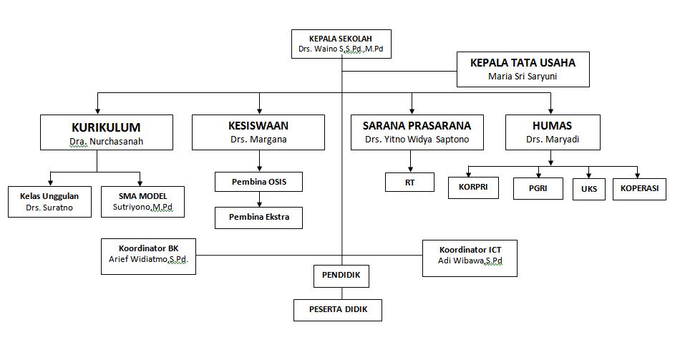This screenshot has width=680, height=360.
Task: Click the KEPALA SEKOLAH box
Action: click(341, 44)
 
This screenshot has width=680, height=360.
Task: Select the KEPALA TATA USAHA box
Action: click(523, 69)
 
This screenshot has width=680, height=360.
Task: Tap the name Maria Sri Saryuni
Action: click(523, 77)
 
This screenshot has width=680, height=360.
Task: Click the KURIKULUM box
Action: click(106, 132)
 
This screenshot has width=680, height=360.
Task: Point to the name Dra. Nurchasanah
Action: click(106, 142)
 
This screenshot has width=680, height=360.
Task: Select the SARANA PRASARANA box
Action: click(417, 132)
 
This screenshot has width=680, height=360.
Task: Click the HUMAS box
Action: click(552, 132)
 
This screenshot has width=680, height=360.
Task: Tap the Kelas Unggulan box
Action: click(49, 203)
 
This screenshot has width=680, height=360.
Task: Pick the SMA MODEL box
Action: click(142, 203)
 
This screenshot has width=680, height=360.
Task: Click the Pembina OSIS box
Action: click(258, 182)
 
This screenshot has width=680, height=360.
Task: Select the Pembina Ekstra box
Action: click(258, 217)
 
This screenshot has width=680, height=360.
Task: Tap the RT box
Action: click(409, 183)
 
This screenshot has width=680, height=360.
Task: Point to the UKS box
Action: click(588, 189)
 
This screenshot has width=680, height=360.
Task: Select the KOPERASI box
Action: click(640, 189)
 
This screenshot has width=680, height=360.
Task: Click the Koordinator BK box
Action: click(148, 254)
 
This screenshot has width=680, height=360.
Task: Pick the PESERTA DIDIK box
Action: click(337, 310)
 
